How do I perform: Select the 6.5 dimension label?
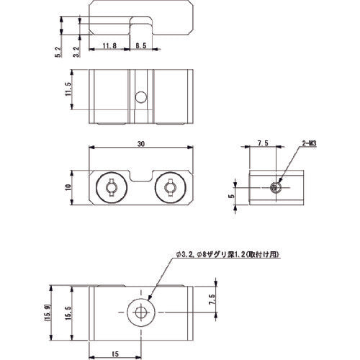(141, 45)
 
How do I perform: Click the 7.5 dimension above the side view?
(262, 145)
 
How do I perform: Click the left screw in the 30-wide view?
(111, 188)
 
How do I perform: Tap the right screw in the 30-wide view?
(170, 188)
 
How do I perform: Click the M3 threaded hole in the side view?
(275, 187)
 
